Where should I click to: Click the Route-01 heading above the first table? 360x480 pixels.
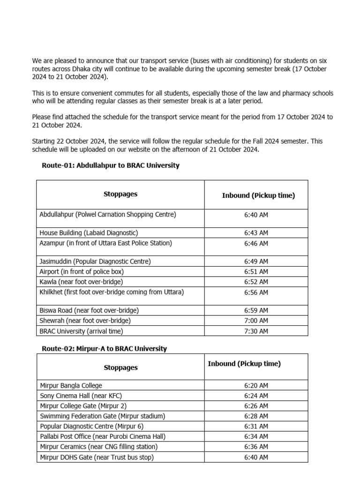click(x=111, y=165)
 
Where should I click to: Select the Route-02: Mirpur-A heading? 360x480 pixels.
click(x=104, y=349)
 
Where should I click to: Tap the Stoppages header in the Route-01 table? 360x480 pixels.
click(x=120, y=194)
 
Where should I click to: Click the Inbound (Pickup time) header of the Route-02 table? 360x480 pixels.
click(x=244, y=364)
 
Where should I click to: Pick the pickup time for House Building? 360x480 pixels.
click(x=256, y=233)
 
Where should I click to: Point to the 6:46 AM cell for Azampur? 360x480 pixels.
click(x=256, y=243)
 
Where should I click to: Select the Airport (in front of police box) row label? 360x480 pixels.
click(x=82, y=271)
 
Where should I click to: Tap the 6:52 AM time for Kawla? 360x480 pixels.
click(x=256, y=282)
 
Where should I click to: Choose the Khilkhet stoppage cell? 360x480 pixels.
click(x=112, y=292)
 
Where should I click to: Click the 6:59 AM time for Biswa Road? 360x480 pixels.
click(x=256, y=310)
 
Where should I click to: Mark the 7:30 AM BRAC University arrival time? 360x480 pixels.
click(x=256, y=331)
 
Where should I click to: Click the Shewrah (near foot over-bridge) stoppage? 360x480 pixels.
click(x=85, y=321)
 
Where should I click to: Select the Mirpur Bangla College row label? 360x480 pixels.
click(x=71, y=385)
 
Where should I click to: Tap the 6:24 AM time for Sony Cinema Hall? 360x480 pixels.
click(x=256, y=396)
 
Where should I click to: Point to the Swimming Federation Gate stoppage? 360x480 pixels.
click(x=103, y=416)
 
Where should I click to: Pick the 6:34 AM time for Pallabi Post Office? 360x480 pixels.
click(x=256, y=436)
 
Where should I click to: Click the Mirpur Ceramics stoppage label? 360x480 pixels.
click(x=98, y=447)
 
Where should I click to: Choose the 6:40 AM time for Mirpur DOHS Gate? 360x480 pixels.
click(x=256, y=457)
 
